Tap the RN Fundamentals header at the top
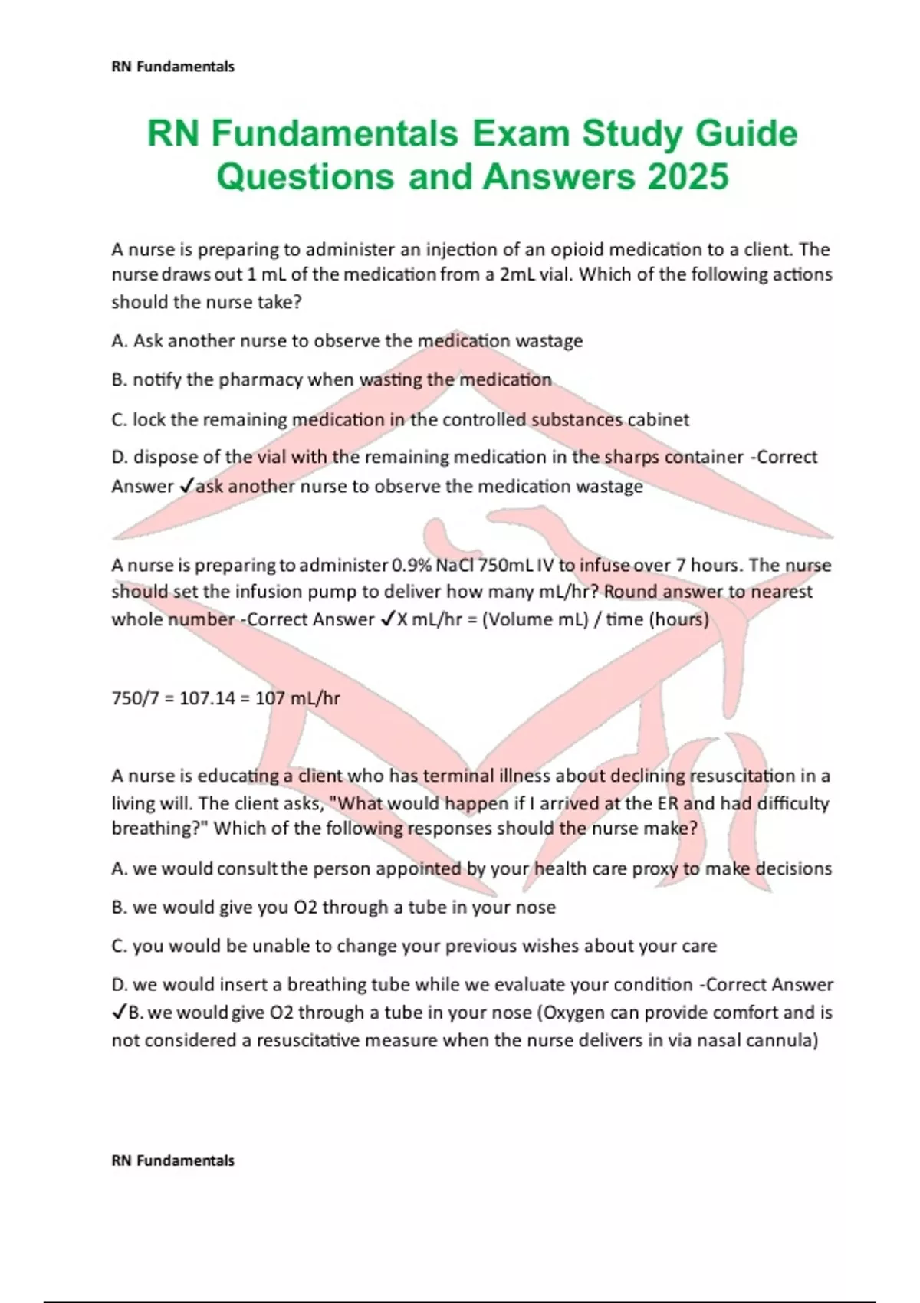[x=173, y=67]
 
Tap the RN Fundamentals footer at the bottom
[x=173, y=1160]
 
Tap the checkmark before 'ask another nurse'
[x=186, y=487]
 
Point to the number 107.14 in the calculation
[x=207, y=698]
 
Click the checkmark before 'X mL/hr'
[x=387, y=619]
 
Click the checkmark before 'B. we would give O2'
[x=120, y=1013]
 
